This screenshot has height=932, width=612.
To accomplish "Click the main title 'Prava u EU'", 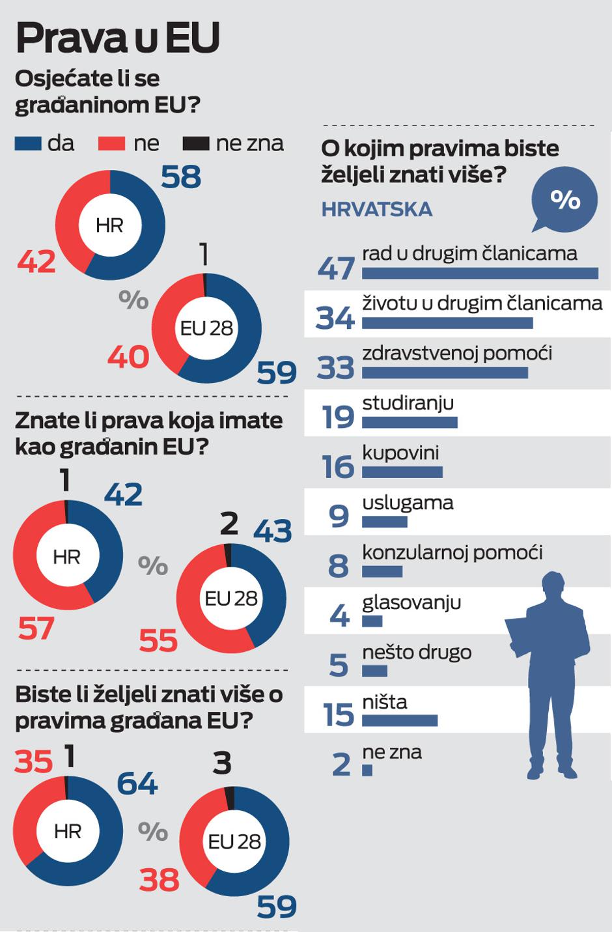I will [x=118, y=38].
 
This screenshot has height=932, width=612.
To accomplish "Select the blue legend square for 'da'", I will [x=28, y=143].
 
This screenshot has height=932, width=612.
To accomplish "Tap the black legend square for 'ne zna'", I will [x=195, y=143].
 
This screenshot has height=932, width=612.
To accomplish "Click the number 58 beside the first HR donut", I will [x=181, y=177].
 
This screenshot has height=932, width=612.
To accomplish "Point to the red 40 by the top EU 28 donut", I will [x=128, y=358].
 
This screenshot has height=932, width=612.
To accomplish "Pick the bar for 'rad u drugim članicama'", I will [x=480, y=274].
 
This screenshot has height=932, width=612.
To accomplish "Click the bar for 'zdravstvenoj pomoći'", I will [x=445, y=373].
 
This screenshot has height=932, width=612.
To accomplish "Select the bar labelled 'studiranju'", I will [x=410, y=423].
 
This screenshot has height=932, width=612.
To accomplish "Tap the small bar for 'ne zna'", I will [x=367, y=770].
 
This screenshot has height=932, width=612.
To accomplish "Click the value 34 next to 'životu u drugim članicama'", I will [x=335, y=318].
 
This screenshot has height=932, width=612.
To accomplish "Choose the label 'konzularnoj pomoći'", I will [x=452, y=553].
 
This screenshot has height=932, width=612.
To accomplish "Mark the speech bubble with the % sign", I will [x=564, y=199].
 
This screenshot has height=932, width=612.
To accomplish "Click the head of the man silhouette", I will [x=553, y=585].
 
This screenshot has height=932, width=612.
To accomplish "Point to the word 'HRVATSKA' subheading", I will [x=377, y=209].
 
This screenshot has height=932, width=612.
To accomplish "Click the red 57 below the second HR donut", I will [x=36, y=629].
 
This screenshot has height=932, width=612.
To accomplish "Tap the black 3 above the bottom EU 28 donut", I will [x=222, y=763].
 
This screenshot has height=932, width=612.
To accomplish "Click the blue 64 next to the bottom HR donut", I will [x=137, y=784].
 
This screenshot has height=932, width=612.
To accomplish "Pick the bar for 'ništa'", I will [x=400, y=720].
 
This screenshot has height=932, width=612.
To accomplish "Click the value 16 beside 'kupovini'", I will [x=338, y=467].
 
